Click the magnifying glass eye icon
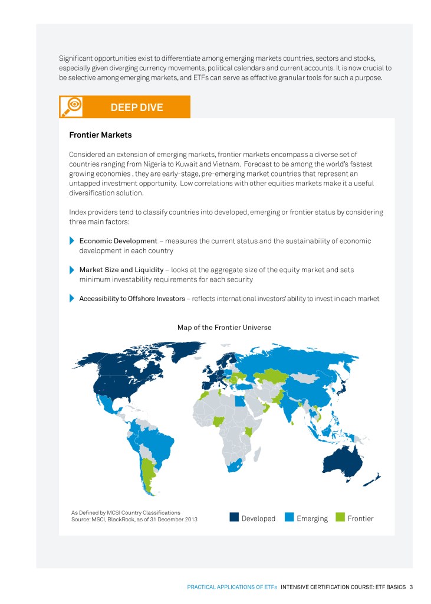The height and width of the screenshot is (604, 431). [74, 107]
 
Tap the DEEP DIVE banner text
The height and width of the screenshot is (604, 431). [137, 107]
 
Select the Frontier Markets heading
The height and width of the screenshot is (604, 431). [100, 135]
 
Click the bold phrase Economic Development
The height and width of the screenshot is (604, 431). [118, 241]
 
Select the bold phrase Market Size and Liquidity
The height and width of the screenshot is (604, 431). [121, 270]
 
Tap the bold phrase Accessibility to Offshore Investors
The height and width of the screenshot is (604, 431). [131, 299]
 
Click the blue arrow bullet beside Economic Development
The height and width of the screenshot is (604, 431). [72, 241]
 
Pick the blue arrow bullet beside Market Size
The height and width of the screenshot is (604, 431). [72, 270]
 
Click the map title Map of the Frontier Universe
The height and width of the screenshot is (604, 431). [224, 327]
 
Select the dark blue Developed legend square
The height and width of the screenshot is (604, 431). [234, 518]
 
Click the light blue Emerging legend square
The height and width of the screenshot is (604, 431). [289, 518]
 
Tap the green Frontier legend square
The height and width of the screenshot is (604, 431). [340, 518]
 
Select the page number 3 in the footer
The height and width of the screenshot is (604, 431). [411, 587]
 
